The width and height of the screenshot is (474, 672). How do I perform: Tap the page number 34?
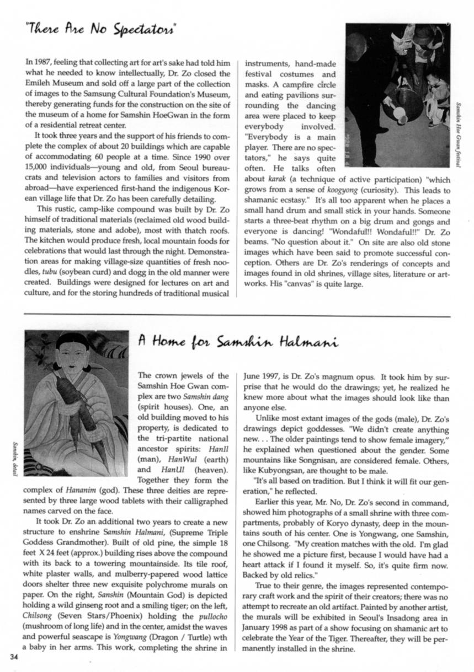coord(14,657)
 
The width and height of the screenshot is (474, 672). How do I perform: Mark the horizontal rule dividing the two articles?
coord(237,316)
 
